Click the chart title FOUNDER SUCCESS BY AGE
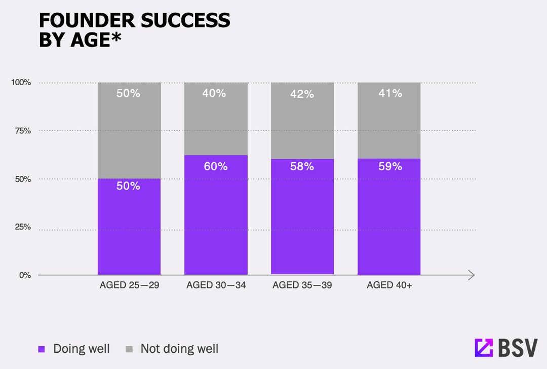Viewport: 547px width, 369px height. [x=134, y=30]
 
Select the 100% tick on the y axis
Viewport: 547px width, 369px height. [x=21, y=83]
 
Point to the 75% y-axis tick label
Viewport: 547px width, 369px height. [x=23, y=131]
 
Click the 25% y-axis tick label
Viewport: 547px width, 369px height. [x=23, y=227]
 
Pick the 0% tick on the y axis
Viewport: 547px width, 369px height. [x=25, y=275]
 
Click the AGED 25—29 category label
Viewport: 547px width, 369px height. [x=129, y=285]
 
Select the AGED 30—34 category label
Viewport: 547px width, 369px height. [x=216, y=285]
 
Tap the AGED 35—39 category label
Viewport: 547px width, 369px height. [x=302, y=285]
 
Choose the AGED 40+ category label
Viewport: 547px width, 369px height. [x=389, y=285]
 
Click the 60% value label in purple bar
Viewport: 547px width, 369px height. [x=216, y=166]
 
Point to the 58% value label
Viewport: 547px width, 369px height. [x=302, y=166]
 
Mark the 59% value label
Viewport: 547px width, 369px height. [x=390, y=166]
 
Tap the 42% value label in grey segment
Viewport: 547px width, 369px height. [x=302, y=94]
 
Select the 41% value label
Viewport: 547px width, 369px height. [x=390, y=93]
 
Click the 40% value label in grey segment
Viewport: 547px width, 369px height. [x=216, y=93]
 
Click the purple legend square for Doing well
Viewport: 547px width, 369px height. [x=42, y=349]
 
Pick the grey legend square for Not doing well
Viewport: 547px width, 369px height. [x=129, y=349]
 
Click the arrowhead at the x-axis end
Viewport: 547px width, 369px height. [x=472, y=275]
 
